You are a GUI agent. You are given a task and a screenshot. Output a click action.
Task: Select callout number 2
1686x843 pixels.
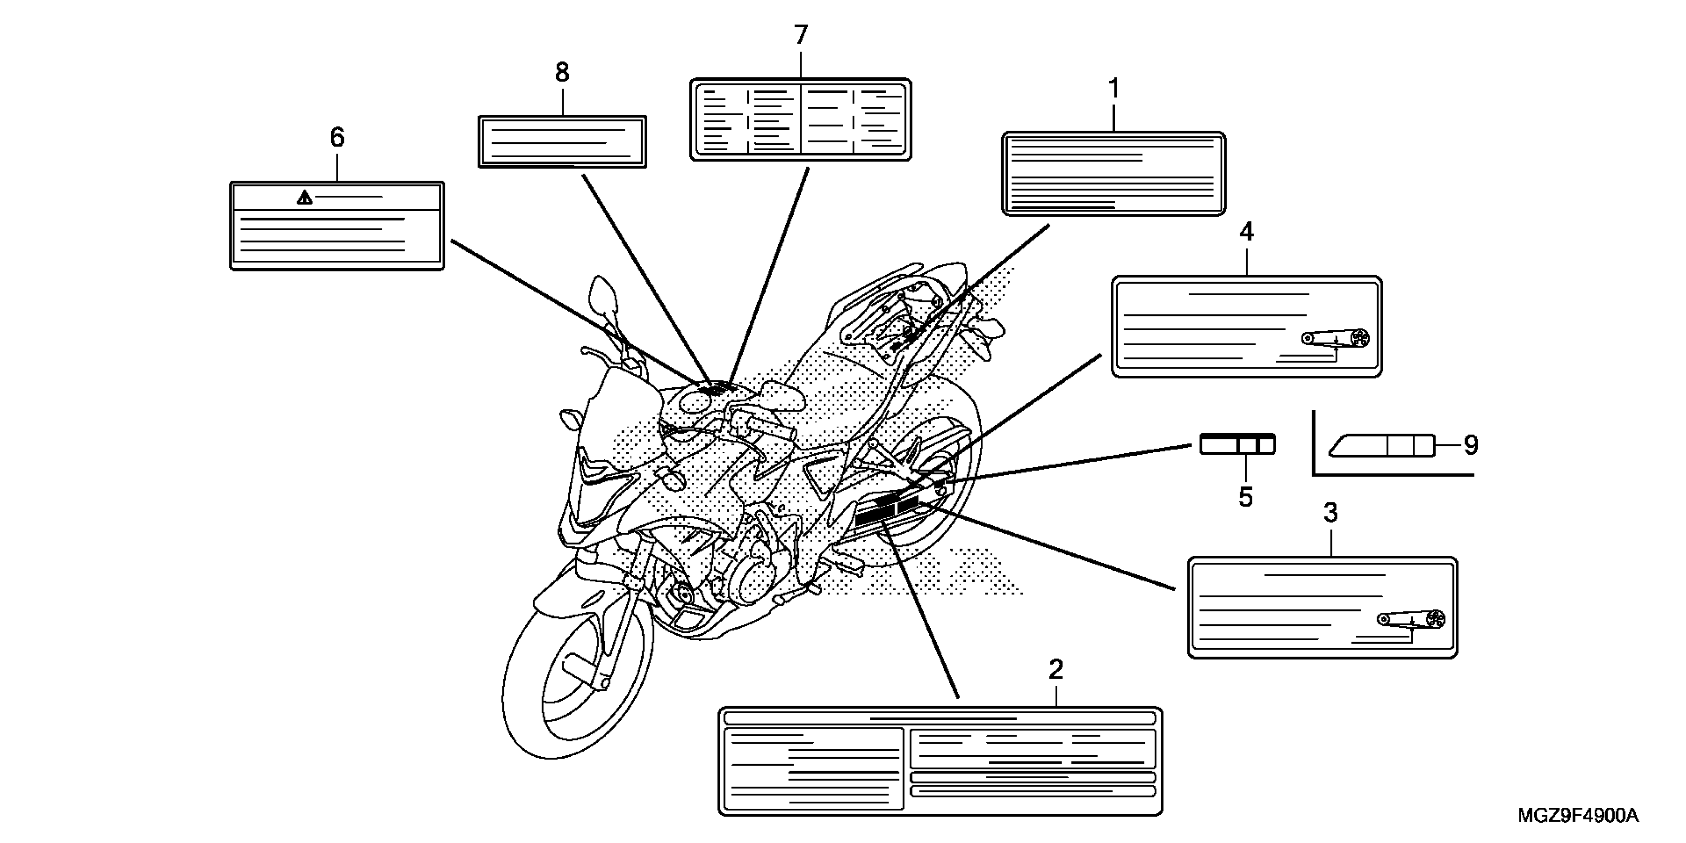[x=1055, y=669]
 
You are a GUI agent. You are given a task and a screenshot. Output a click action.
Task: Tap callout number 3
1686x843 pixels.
[x=1330, y=513]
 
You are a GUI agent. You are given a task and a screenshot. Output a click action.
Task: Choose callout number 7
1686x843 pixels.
[x=800, y=35]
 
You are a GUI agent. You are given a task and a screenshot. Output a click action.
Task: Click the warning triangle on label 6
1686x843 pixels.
[x=304, y=198]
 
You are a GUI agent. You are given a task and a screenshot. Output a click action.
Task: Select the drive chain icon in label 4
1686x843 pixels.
[x=1336, y=339]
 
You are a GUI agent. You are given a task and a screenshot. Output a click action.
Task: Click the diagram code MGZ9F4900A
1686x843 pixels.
[x=1577, y=816]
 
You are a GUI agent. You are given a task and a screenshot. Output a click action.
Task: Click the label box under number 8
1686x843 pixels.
[x=562, y=142]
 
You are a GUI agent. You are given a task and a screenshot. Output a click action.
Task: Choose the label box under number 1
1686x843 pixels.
[x=1113, y=174]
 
